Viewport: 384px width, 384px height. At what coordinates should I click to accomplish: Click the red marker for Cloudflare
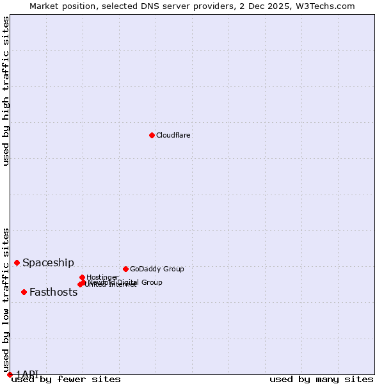click(152, 135)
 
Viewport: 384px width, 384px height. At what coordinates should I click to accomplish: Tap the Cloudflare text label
click(173, 135)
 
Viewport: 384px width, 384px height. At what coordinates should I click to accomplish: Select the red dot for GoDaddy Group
click(125, 269)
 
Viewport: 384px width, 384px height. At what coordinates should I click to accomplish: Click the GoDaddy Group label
click(157, 269)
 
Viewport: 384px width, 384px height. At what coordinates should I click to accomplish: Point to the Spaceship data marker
click(17, 262)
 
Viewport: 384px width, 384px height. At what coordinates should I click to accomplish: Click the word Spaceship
click(48, 262)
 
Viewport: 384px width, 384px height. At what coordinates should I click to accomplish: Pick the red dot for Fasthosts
click(24, 292)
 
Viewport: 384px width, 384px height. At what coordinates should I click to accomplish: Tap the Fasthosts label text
click(53, 292)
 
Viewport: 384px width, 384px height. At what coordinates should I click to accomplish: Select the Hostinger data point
click(83, 277)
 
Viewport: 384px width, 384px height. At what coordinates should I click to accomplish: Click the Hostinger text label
click(102, 277)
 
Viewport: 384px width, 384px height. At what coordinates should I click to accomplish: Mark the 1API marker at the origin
click(10, 374)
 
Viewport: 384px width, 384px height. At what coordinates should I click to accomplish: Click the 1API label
click(27, 374)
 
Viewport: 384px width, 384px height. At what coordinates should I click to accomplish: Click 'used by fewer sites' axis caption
click(66, 379)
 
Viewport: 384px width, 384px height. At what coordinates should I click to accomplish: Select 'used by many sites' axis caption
click(321, 379)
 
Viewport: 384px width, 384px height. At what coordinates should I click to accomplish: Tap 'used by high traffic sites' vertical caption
click(6, 91)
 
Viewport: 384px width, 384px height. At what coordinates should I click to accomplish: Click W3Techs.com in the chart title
click(328, 6)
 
